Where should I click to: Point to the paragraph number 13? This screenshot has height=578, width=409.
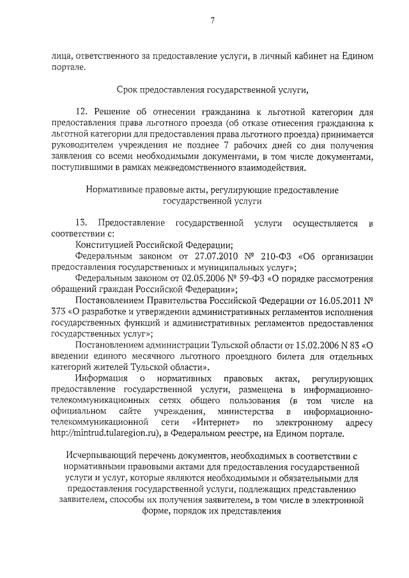pos(81,222)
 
